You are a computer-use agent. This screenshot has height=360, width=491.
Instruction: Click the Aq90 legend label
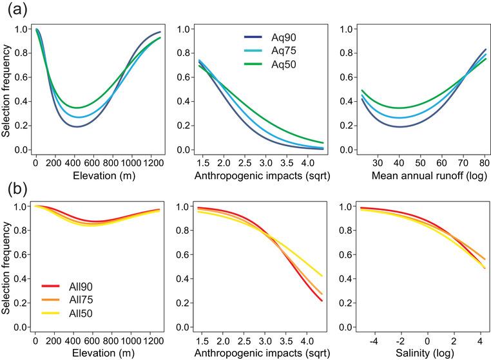coord(278,37)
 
